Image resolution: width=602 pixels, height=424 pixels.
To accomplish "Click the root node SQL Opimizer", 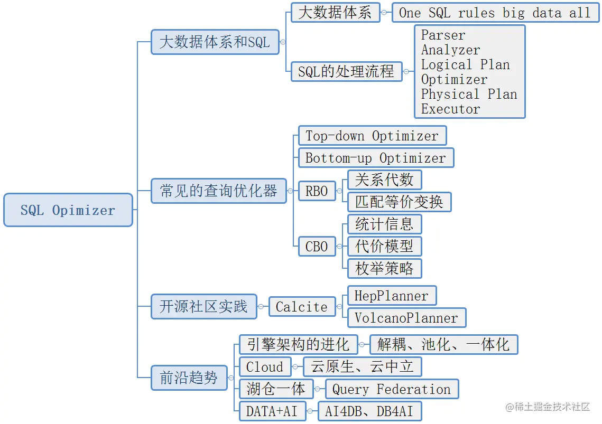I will tap(68, 210).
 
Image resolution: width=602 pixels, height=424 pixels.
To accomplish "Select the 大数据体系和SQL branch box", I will tap(215, 42).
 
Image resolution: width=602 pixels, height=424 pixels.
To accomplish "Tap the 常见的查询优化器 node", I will tap(218, 191).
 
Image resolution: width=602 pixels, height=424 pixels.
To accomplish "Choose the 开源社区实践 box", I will tap(203, 307).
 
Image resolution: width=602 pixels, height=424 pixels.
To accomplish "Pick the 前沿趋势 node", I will tap(189, 378).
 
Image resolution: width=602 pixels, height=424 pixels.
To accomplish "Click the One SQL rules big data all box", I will tap(495, 13).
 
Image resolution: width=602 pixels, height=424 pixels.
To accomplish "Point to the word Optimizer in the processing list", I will tap(454, 80).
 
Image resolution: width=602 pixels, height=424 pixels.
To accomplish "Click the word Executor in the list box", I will tap(450, 109).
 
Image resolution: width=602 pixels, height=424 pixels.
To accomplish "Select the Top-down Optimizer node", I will tap(372, 136).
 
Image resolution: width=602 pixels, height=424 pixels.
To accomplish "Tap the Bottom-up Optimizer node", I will tap(376, 158).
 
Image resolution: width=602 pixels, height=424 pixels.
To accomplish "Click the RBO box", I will tap(317, 191).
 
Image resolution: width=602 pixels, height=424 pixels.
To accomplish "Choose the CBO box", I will tap(317, 247).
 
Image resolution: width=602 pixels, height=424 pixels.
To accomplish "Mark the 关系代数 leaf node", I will tap(384, 180).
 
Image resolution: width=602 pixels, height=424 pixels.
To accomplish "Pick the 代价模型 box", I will tap(384, 246).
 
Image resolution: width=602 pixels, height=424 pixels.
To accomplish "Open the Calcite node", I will tap(302, 307).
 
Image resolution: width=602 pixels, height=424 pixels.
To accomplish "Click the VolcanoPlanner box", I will tap(406, 318).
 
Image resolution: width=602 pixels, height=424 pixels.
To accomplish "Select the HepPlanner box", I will tap(392, 296).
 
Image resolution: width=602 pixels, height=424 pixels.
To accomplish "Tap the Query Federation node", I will tap(392, 389).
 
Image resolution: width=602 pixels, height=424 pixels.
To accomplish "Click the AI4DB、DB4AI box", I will tap(369, 411).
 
